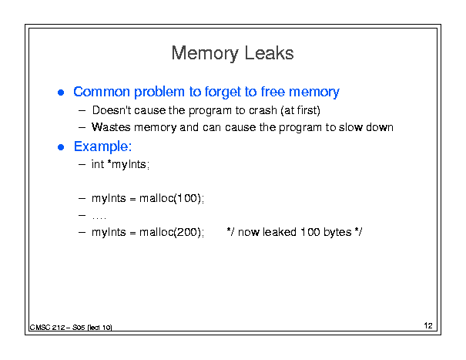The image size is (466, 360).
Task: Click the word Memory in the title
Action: pos(205,53)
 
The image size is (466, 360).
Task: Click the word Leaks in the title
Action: pos(270,53)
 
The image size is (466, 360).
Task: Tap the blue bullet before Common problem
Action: pos(61,93)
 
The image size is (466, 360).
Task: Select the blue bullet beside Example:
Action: pos(61,147)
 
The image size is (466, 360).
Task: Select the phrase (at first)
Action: pos(300,110)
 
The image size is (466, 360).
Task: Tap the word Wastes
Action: pos(111,127)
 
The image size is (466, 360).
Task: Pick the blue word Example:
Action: pos(103,146)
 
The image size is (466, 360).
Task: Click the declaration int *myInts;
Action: pos(120,164)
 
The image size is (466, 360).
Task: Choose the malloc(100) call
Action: pos(172,198)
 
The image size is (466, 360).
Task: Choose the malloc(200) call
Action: pos(172,232)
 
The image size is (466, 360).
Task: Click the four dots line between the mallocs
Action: pos(99,218)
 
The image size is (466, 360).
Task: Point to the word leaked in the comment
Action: pos(280,232)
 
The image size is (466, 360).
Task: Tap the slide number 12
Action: pos(428,325)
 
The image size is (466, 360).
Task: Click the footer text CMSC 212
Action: pos(47,328)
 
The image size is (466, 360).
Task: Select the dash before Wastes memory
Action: pos(82,128)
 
